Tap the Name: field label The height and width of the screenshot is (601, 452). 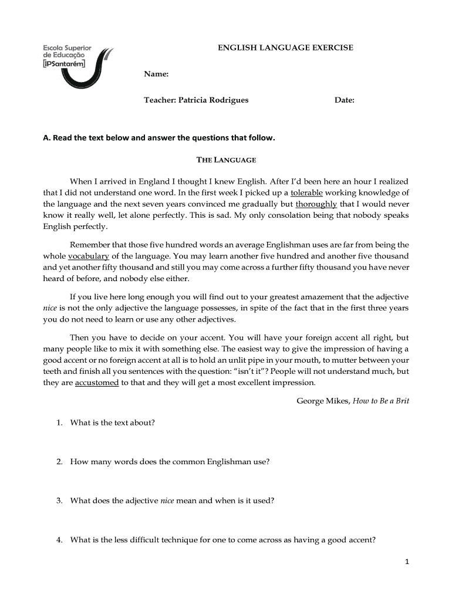point(157,75)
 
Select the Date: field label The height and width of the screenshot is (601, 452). point(345,100)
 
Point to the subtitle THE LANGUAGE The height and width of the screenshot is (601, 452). point(226,160)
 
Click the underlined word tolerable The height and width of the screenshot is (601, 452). point(306,193)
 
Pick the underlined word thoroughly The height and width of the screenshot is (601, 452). point(316,204)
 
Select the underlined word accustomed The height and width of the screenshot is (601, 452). point(97,383)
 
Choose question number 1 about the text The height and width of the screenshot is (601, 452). point(112,423)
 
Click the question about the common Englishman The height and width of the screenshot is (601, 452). point(169,462)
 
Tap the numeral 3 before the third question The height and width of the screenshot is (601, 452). point(59,501)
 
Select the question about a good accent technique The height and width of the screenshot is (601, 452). point(222,541)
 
